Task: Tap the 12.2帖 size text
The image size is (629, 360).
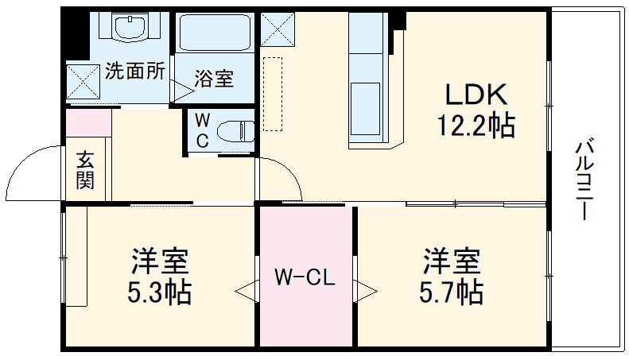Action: [x=475, y=125]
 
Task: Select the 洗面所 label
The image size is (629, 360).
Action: [x=135, y=70]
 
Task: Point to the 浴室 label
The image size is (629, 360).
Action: [x=214, y=79]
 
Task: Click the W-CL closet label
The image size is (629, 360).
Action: [x=305, y=278]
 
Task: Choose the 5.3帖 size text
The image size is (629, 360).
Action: [x=160, y=292]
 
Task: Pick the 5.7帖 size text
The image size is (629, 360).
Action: [x=451, y=292]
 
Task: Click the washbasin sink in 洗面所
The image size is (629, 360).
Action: [x=131, y=28]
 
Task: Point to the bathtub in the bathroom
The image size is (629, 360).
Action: [x=215, y=32]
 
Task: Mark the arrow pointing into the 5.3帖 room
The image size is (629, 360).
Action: [x=246, y=289]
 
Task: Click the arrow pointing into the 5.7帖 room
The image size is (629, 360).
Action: [x=366, y=289]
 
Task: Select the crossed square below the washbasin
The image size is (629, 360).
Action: [x=83, y=80]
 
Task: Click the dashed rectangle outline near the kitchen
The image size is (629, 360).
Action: [x=273, y=93]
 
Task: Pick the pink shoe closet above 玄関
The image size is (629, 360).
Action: [x=88, y=124]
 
